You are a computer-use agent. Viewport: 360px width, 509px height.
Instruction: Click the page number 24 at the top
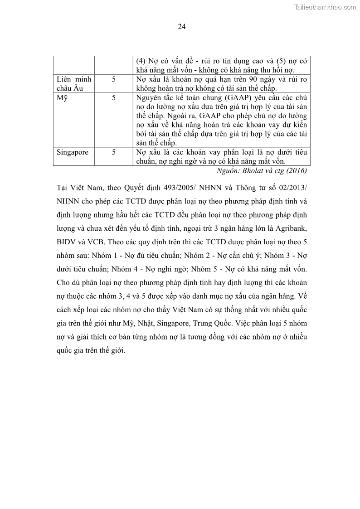pyautogui.click(x=181, y=26)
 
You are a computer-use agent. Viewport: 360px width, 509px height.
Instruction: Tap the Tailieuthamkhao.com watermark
pyautogui.click(x=325, y=7)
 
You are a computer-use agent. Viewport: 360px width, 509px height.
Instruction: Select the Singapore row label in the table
pyautogui.click(x=73, y=152)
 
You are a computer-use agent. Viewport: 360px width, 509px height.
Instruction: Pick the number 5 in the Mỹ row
pyautogui.click(x=114, y=97)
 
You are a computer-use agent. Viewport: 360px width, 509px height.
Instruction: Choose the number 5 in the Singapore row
pyautogui.click(x=114, y=152)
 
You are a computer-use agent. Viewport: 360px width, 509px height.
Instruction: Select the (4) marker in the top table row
pyautogui.click(x=141, y=61)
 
